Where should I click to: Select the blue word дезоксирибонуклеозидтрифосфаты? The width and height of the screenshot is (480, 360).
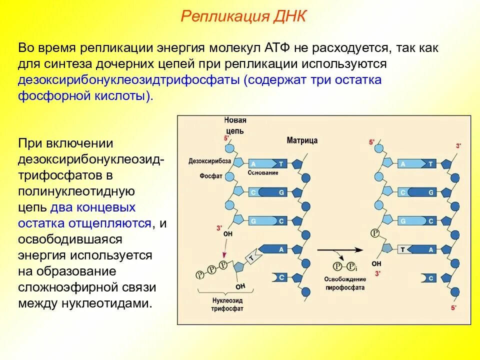click(129, 80)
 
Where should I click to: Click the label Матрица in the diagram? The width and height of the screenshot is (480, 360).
click(302, 141)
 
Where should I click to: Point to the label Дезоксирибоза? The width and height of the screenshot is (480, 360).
click(209, 161)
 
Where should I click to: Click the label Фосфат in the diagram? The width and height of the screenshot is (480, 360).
click(210, 176)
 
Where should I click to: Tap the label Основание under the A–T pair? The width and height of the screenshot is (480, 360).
click(263, 173)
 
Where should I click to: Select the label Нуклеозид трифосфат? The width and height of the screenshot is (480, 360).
click(226, 304)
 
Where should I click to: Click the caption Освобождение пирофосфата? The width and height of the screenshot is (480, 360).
click(344, 283)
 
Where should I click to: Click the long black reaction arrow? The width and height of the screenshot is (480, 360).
click(339, 249)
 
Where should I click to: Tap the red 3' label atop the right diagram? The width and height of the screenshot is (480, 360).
click(458, 145)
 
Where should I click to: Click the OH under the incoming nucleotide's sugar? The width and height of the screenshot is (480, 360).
click(240, 286)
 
